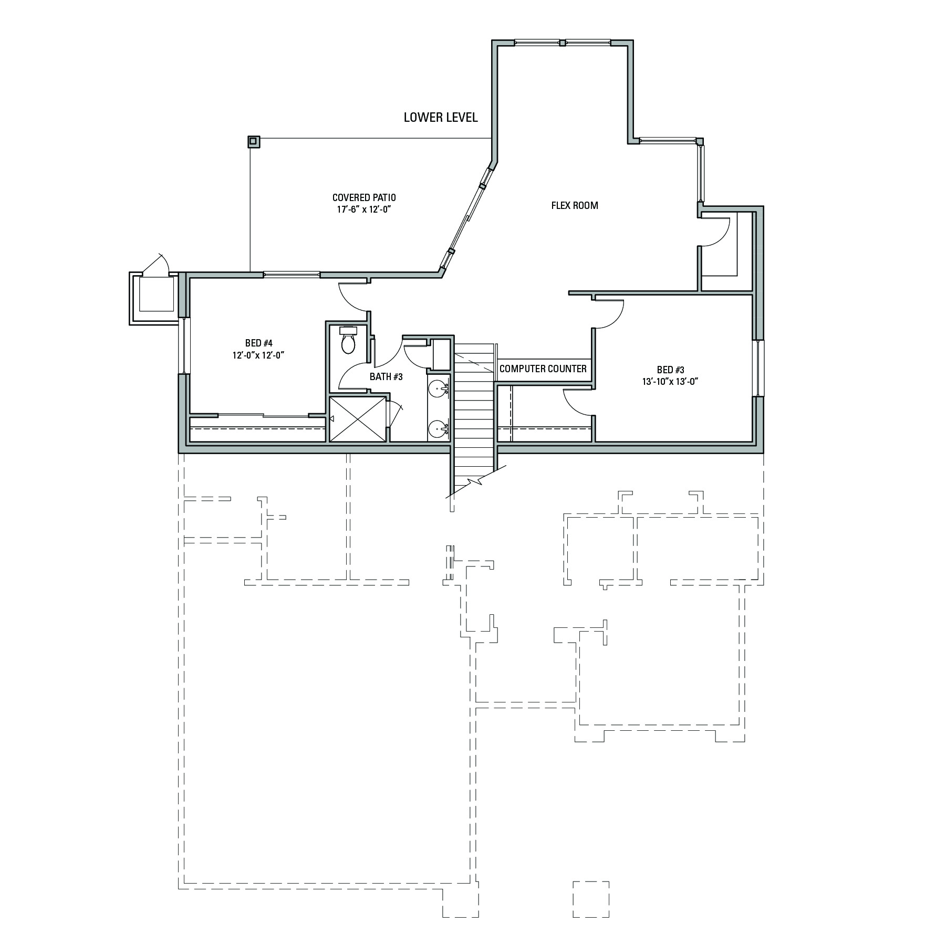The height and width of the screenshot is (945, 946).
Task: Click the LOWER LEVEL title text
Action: pyautogui.click(x=441, y=118)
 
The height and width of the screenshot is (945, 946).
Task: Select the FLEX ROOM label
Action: pyautogui.click(x=575, y=206)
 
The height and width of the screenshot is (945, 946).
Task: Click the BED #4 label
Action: pyautogui.click(x=259, y=343)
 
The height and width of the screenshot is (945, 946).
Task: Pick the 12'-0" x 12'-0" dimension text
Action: pyautogui.click(x=258, y=355)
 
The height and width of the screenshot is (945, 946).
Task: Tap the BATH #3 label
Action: pyautogui.click(x=386, y=376)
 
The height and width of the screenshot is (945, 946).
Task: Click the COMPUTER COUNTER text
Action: pyautogui.click(x=543, y=369)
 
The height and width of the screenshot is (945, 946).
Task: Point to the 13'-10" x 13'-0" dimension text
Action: pyautogui.click(x=670, y=382)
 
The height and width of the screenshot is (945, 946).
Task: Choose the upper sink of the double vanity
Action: pyautogui.click(x=438, y=388)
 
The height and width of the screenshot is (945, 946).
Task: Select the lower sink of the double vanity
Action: pyautogui.click(x=438, y=429)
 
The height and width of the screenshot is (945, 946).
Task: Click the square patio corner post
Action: pyautogui.click(x=254, y=141)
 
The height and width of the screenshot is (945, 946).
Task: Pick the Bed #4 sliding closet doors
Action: pyautogui.click(x=263, y=416)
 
